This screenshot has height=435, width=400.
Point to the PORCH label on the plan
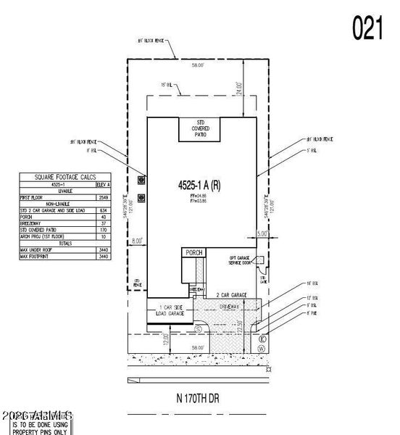pyautogui.click(x=193, y=253)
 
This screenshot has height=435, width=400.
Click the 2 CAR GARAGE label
pyautogui.click(x=233, y=296)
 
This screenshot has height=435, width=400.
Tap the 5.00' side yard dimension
pyautogui.click(x=262, y=234)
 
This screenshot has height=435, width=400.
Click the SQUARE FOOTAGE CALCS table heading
pyautogui.click(x=64, y=176)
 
